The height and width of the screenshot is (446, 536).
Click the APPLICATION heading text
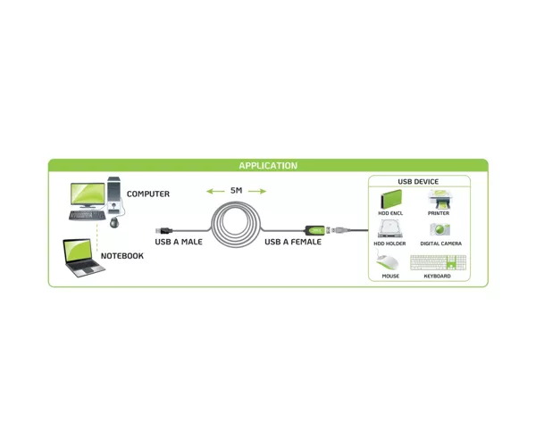point(268,166)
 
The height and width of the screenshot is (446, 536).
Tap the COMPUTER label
point(148,194)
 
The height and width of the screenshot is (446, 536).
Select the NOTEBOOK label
point(122,256)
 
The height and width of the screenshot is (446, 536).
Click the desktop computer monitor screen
point(88,194)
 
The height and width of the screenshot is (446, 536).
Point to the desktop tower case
point(113,195)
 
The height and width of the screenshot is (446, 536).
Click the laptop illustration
point(83,258)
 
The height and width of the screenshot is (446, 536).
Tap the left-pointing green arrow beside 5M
point(215,191)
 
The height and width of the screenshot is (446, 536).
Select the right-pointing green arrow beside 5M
point(257,191)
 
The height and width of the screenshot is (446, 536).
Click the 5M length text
point(236,190)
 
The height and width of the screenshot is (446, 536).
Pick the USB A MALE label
point(179,242)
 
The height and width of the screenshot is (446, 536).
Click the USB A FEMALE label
point(293,242)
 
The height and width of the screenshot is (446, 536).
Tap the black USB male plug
point(164,231)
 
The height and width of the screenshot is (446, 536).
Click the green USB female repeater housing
point(314,230)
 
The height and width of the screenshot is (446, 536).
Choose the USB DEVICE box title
point(418,182)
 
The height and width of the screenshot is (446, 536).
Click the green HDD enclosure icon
point(391,199)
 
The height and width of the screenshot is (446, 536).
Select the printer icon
point(440,199)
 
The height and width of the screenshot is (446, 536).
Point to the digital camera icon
point(440,229)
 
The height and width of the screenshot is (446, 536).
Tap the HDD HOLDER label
point(389,244)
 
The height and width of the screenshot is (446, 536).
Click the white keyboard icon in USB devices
point(438,263)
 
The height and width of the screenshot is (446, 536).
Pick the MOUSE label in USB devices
point(390,276)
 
